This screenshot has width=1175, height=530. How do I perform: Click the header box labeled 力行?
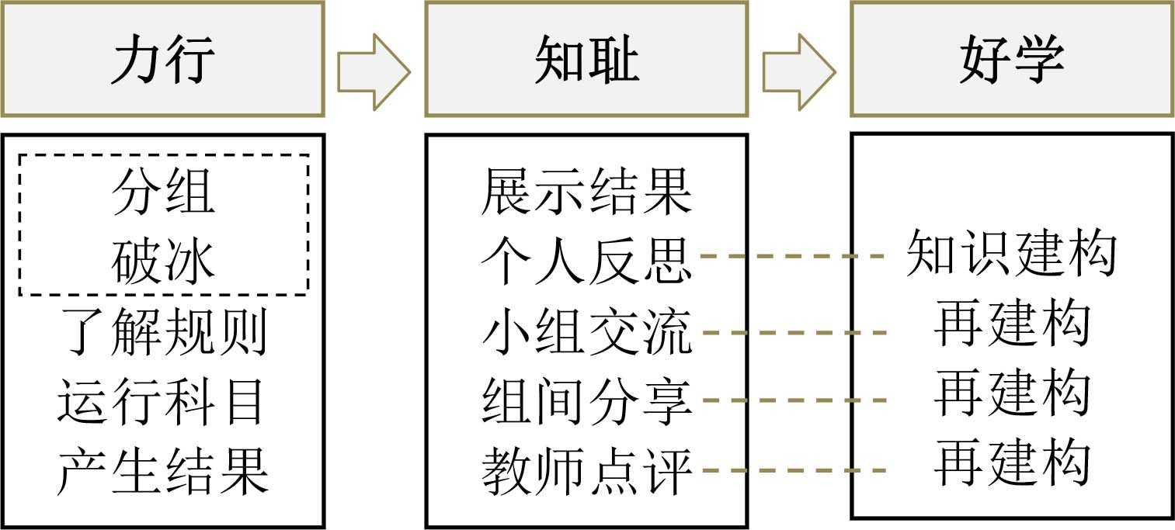tap(162, 60)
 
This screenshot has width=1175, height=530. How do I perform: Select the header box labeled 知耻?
tap(586, 60)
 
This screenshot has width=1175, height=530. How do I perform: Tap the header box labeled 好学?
tap(1012, 60)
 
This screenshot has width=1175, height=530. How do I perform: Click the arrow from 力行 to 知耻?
tap(374, 71)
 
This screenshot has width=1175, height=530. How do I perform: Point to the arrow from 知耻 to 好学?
tap(798, 71)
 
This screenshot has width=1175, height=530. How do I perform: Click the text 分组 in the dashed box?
tap(163, 192)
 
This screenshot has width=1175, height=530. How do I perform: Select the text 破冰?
tap(163, 262)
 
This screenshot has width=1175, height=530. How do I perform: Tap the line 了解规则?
tap(163, 333)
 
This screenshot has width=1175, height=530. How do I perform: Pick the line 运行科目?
tap(163, 402)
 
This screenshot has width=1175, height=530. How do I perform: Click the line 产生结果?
tap(163, 472)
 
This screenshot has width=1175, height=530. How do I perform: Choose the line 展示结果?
tap(586, 192)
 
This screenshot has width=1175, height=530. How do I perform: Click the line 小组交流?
tap(586, 333)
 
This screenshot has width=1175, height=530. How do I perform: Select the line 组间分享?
tap(586, 402)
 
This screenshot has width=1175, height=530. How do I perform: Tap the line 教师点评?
tap(586, 472)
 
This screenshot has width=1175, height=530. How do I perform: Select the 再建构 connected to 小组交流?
tap(1012, 324)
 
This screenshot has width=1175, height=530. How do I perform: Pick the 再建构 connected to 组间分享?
tap(1012, 393)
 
